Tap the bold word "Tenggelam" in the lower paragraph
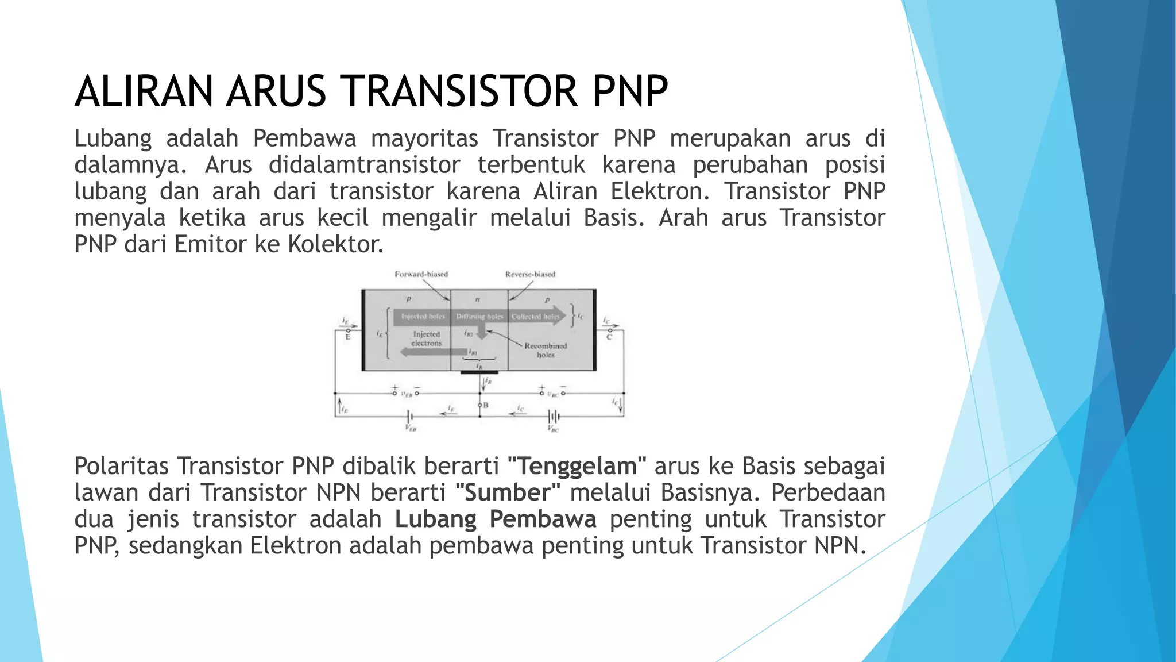click(577, 466)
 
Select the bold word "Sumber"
click(508, 492)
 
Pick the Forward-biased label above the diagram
click(421, 274)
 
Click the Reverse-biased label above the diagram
click(530, 274)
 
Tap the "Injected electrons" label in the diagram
click(427, 338)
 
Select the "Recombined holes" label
click(546, 350)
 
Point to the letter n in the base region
click(478, 299)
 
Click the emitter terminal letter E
click(348, 337)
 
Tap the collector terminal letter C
click(609, 337)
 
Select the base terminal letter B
click(486, 405)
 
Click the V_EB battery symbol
click(410, 415)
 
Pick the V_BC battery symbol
click(554, 415)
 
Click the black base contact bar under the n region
click(479, 372)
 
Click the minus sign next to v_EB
click(417, 388)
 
